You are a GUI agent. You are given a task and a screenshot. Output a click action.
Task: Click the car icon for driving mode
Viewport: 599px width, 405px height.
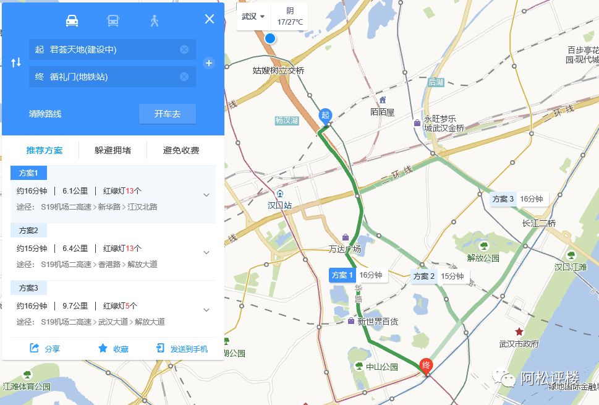click(72, 20)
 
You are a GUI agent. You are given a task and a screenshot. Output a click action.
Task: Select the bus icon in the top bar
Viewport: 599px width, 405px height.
click(113, 20)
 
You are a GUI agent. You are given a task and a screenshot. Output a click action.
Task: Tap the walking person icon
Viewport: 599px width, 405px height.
click(154, 20)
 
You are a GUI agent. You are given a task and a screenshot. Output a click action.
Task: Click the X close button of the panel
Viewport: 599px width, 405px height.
click(210, 19)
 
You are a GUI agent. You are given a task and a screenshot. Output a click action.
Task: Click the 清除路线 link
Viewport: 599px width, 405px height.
click(45, 114)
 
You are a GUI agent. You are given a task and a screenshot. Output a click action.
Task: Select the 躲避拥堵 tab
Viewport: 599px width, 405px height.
click(113, 150)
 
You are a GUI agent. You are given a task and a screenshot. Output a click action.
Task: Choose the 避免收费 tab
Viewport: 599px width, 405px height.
click(181, 150)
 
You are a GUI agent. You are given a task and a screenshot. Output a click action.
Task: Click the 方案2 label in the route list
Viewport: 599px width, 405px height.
click(29, 231)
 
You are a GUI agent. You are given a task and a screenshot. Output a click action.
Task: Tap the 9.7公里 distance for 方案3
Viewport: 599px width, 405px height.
click(75, 305)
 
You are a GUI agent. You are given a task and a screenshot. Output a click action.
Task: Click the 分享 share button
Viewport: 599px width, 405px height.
click(45, 349)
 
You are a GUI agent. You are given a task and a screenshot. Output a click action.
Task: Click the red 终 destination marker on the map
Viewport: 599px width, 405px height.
click(426, 366)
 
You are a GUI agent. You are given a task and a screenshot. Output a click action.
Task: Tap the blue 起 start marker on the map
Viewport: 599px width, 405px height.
click(325, 116)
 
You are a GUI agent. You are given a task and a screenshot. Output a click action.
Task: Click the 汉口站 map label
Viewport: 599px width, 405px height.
click(279, 205)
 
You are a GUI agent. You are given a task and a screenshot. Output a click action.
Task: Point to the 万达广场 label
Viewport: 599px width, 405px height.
click(345, 249)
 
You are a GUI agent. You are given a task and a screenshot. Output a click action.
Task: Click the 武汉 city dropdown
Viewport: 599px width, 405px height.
click(253, 17)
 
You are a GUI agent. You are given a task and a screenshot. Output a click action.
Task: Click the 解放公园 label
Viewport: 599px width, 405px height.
click(483, 257)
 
